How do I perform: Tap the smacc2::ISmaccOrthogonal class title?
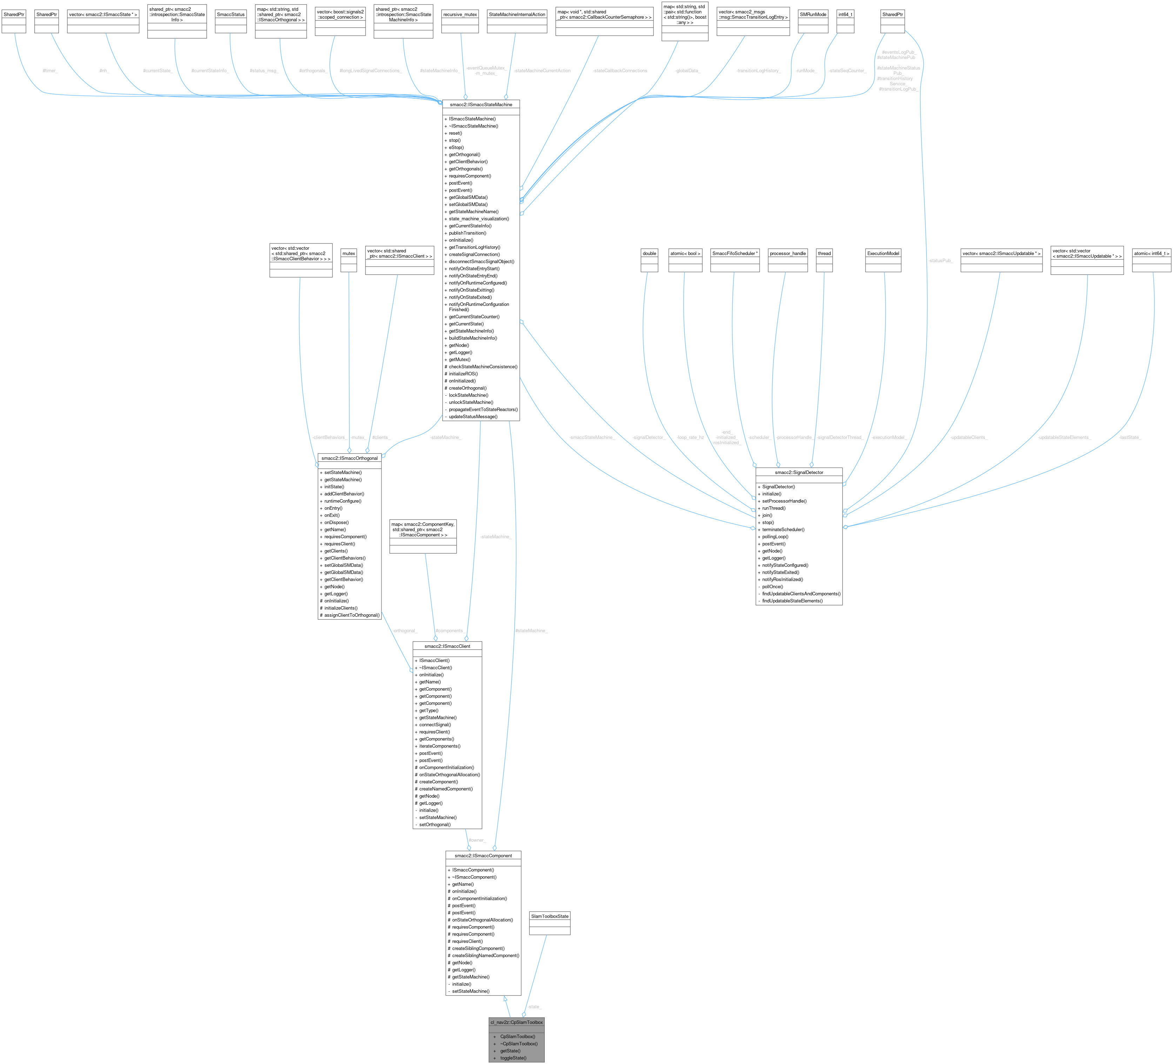coord(349,458)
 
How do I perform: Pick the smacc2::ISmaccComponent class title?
coord(483,856)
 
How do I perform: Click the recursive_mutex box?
coord(460,14)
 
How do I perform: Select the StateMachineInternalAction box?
coord(517,14)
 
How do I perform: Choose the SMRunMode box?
coord(812,14)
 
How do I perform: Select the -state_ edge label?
coord(534,1007)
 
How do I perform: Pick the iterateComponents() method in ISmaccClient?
coord(439,746)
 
